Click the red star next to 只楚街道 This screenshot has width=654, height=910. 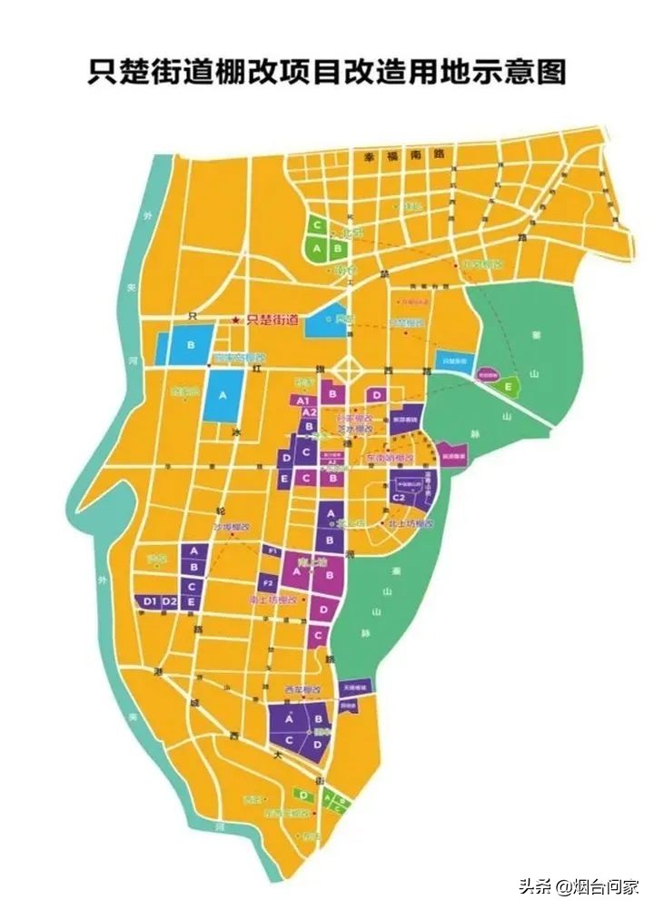pyautogui.click(x=235, y=320)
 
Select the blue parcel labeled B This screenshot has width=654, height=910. pyautogui.click(x=191, y=345)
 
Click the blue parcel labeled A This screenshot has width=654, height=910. pyautogui.click(x=223, y=396)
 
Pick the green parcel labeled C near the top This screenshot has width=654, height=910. pyautogui.click(x=317, y=224)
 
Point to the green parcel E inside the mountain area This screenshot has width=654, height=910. pyautogui.click(x=508, y=386)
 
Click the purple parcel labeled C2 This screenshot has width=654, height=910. pyautogui.click(x=399, y=498)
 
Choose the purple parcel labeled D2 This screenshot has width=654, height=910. pyautogui.click(x=170, y=601)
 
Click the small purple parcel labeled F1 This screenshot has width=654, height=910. pyautogui.click(x=271, y=550)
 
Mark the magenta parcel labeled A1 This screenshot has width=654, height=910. pyautogui.click(x=304, y=401)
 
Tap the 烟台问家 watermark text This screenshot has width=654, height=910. pyautogui.click(x=609, y=886)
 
